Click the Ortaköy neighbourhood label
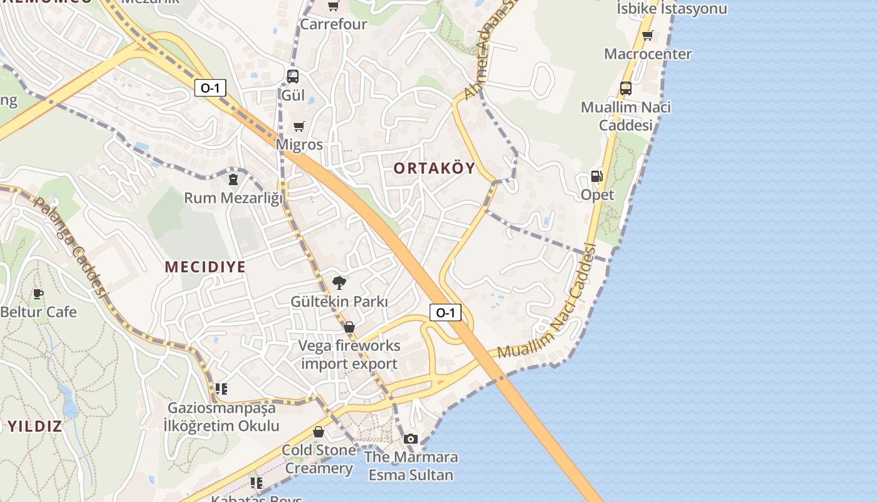click(434, 168)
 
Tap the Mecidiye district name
click(205, 267)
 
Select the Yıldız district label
click(35, 427)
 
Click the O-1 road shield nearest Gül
click(209, 88)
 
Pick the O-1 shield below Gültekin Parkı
click(445, 312)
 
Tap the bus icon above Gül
click(292, 77)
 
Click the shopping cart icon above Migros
click(299, 126)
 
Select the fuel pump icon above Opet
click(596, 177)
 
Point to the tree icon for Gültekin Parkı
click(339, 283)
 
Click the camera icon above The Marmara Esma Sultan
click(411, 439)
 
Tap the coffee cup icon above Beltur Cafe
click(38, 293)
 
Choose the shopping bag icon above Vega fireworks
click(349, 327)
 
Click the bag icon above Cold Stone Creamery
click(319, 432)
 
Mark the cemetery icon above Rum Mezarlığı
click(233, 179)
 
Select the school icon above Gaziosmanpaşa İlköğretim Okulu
click(221, 389)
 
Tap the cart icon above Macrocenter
click(647, 35)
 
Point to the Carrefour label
click(333, 24)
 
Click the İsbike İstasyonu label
click(672, 9)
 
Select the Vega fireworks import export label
click(349, 355)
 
